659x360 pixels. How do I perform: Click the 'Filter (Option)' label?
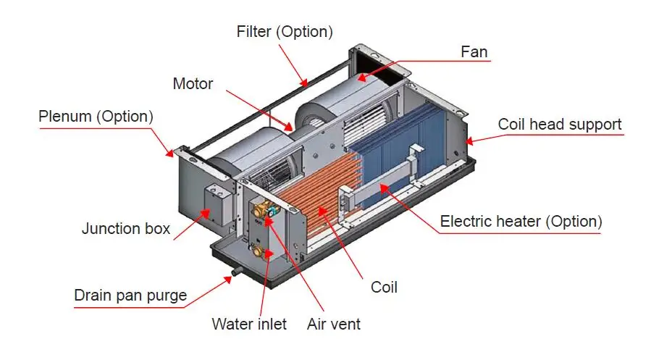coord(285,32)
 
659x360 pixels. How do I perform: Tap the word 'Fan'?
coord(474,51)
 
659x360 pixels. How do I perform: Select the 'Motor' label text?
coord(193,84)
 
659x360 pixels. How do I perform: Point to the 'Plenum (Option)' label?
coord(96,117)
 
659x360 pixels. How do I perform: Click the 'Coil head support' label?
coord(559,125)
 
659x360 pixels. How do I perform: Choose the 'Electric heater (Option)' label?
coord(521,221)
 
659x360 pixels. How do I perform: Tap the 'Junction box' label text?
coord(126,229)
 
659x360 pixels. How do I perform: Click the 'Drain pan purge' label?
coord(130,296)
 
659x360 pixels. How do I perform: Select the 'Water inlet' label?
coord(249,325)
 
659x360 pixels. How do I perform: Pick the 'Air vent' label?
coord(334,325)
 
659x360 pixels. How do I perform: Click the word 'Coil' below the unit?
coord(384,288)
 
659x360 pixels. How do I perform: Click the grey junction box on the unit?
coord(219,204)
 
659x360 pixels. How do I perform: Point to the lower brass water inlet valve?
coord(258,251)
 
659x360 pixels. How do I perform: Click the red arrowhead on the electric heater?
coord(384,188)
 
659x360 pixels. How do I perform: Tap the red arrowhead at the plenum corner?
coord(169,153)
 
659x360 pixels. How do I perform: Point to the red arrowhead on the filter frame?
coord(303,82)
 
